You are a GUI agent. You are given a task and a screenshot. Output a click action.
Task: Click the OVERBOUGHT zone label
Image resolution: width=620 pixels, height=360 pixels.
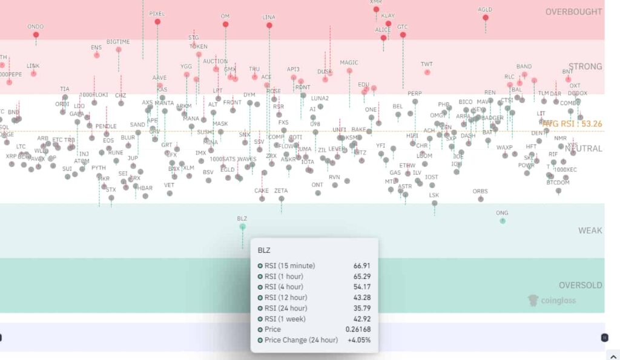(573, 11)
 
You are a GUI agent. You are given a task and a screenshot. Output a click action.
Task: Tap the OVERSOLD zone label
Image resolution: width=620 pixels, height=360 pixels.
(580, 285)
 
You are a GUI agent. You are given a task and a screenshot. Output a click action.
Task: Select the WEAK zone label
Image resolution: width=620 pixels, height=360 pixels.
(590, 231)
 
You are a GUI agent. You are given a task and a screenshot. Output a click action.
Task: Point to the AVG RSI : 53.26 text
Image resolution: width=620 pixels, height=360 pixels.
(572, 123)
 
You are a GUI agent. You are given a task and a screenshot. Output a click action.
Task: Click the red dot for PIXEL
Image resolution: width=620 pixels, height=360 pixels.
(157, 22)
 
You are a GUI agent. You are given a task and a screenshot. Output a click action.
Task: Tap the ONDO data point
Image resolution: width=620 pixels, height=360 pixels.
(36, 34)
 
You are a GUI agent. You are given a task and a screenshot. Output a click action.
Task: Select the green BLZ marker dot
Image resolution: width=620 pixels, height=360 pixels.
(242, 226)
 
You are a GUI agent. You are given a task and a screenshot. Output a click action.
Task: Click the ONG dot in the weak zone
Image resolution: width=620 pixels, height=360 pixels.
(502, 221)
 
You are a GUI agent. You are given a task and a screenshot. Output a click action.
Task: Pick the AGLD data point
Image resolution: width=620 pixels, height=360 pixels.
(486, 18)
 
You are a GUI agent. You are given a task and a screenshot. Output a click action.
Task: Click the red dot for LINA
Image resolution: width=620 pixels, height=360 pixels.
(269, 25)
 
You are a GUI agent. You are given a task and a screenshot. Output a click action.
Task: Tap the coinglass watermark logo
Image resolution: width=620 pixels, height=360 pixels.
(551, 300)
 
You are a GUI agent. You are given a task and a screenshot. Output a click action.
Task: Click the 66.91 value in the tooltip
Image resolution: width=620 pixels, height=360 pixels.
(362, 266)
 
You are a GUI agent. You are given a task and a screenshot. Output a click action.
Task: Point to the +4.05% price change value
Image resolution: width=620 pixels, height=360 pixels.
(359, 339)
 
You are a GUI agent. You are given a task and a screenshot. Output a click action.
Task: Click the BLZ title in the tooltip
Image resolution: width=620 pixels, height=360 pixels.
(264, 250)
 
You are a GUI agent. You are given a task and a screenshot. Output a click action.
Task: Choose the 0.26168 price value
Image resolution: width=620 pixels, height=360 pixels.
(358, 329)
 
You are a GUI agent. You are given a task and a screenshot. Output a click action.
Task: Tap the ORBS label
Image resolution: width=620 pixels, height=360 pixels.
(480, 192)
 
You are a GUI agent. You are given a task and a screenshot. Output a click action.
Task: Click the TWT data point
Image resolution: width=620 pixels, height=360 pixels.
(427, 72)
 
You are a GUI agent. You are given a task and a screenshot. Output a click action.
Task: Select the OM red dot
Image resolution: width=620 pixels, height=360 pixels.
(225, 24)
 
